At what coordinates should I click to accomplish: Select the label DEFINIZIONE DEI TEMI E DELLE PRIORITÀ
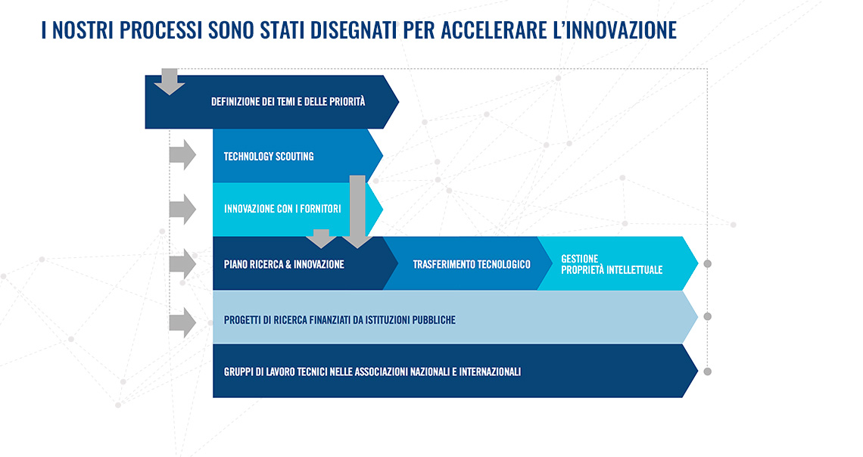288,101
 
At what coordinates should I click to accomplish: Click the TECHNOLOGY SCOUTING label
269,156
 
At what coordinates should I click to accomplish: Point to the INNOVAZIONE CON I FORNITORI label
282,209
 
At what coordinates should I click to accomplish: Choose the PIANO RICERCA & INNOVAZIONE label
284,265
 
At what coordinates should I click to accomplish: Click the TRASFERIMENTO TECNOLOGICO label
472,265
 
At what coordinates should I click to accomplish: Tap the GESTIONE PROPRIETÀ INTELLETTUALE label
612,265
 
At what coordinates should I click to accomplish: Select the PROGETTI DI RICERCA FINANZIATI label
340,320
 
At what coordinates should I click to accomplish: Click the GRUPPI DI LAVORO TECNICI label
372,372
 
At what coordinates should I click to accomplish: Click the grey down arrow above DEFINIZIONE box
170,82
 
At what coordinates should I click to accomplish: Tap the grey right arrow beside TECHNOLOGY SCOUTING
182,155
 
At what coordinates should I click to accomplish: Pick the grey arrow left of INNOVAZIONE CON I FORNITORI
182,209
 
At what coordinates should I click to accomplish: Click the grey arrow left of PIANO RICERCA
182,264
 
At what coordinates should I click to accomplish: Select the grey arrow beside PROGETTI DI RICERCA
182,322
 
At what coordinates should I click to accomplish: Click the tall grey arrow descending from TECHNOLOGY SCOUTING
357,212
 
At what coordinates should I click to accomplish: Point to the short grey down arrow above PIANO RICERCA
322,238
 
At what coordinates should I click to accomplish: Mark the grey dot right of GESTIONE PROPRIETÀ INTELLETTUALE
708,264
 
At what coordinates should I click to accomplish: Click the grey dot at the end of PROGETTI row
708,317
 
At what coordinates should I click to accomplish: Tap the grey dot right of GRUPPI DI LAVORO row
708,372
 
